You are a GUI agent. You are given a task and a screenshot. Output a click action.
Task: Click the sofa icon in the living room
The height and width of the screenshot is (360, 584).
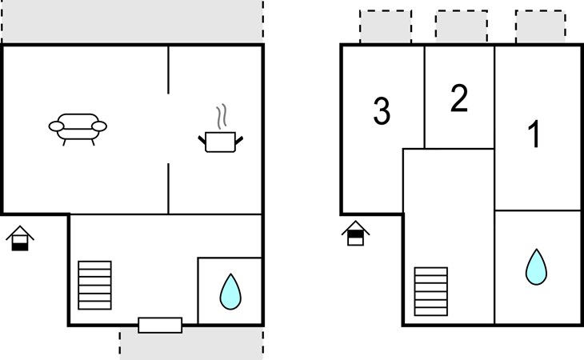[x=78, y=129]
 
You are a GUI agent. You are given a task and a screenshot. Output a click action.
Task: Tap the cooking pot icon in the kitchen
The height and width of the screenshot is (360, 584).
[x=220, y=142]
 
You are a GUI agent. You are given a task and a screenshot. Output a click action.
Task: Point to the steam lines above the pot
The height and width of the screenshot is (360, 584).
[x=222, y=117]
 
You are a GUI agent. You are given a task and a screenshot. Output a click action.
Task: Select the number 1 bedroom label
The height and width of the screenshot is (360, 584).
[x=534, y=134]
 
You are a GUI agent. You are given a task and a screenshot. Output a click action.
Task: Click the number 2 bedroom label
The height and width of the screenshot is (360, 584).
[x=459, y=98]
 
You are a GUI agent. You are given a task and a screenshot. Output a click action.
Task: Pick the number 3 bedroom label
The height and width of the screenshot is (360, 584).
[x=382, y=110]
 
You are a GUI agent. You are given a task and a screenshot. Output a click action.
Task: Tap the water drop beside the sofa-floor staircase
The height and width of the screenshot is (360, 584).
[x=230, y=292]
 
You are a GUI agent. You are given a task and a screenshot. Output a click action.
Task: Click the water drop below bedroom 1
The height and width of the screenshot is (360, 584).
[x=536, y=267]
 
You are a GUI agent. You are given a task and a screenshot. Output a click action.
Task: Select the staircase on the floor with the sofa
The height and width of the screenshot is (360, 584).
[x=94, y=285]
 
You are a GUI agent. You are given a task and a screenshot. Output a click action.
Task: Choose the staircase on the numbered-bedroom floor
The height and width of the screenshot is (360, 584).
[x=431, y=291]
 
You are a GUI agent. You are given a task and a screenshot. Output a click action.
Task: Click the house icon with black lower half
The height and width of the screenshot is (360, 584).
[x=20, y=238]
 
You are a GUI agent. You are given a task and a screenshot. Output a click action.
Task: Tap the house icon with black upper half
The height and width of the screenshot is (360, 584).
[x=356, y=234]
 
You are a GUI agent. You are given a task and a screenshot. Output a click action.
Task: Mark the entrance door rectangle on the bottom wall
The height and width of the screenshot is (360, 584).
[x=160, y=325]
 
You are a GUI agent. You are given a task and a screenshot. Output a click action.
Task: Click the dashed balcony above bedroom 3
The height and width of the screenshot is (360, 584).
[x=386, y=27]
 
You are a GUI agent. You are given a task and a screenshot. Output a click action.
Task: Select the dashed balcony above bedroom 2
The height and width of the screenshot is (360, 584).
[x=462, y=27]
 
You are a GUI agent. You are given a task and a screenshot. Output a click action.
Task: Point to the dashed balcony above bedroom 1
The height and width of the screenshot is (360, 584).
[x=541, y=27]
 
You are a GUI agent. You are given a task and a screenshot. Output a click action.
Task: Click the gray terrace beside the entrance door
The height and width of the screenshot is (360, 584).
[x=191, y=344]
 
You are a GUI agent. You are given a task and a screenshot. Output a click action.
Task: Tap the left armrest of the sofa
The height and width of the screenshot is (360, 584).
[x=56, y=126]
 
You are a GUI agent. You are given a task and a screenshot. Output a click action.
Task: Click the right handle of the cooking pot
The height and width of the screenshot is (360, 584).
[x=239, y=141]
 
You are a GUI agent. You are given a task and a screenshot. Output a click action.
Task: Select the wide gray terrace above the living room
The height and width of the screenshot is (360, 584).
[x=132, y=22]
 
